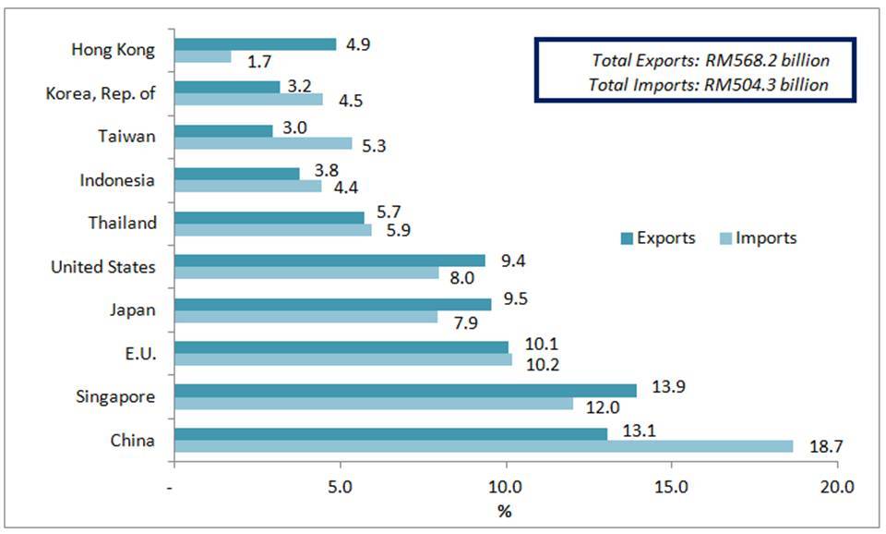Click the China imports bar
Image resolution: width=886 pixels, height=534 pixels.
coord(483,446)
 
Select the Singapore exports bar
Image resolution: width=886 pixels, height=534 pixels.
coord(405,390)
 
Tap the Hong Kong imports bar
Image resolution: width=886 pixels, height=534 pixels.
coord(202,57)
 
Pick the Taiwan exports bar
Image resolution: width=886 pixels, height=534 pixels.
coord(223,130)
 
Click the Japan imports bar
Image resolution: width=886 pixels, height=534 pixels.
coord(305,317)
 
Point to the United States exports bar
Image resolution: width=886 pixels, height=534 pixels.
coord(329,261)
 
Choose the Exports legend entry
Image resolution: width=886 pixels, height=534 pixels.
coord(657,238)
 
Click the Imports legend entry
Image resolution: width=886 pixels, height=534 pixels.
coord(758,238)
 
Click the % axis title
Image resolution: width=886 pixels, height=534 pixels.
coord(505,508)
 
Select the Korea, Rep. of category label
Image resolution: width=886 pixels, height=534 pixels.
coord(101,92)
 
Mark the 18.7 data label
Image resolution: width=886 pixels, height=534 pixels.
coord(824,446)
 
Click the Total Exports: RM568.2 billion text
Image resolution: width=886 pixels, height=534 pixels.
coord(710,61)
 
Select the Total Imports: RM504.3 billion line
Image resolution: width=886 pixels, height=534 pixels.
coord(708,85)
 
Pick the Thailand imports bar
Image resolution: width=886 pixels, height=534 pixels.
coord(272,230)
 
